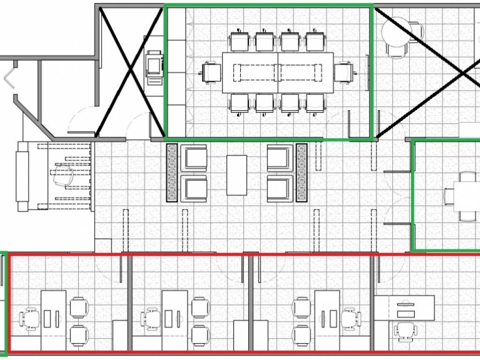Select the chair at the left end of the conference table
point(211,73)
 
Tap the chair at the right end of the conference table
point(344,72)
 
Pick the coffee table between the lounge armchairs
point(237,175)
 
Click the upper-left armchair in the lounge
point(194,158)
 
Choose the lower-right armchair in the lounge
point(280,188)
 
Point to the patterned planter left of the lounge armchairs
point(172,173)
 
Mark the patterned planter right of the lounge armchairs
point(301,173)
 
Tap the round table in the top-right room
point(397,33)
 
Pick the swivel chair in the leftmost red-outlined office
point(29,319)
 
